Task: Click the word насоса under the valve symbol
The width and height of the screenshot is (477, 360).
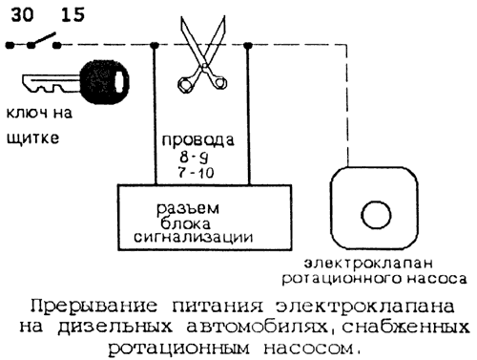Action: point(435,279)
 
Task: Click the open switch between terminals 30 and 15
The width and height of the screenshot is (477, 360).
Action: point(41,42)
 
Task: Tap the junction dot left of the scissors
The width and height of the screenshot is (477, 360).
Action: point(156,45)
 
